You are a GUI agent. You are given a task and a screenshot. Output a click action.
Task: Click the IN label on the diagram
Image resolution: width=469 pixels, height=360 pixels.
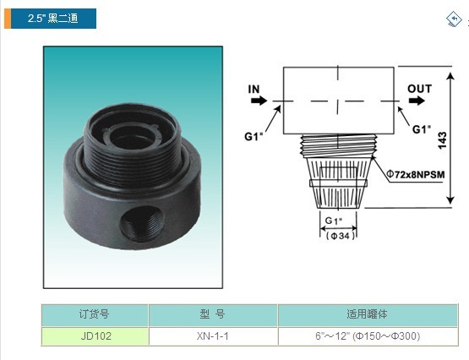pyautogui.click(x=254, y=89)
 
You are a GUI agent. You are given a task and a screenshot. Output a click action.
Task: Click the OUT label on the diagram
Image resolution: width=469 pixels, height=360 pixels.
pyautogui.click(x=419, y=89)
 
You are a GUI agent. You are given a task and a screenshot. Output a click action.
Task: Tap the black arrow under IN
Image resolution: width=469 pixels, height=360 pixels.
pyautogui.click(x=259, y=101)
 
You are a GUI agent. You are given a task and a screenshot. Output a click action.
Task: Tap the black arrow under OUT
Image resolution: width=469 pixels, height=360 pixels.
pyautogui.click(x=417, y=101)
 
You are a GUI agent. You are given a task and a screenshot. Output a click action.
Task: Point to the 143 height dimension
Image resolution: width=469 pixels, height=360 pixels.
pyautogui.click(x=442, y=140)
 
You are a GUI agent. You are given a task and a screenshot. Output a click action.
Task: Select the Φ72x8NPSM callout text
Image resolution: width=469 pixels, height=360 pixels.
pyautogui.click(x=416, y=174)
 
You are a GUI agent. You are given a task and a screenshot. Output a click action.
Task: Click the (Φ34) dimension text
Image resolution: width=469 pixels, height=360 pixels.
pyautogui.click(x=341, y=236)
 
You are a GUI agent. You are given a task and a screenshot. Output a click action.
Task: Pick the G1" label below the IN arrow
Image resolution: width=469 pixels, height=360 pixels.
pyautogui.click(x=254, y=137)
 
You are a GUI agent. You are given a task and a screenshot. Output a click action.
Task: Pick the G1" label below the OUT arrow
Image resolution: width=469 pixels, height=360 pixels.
pyautogui.click(x=422, y=129)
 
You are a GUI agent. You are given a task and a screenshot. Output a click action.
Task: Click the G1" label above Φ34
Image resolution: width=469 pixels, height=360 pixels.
pyautogui.click(x=333, y=221)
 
